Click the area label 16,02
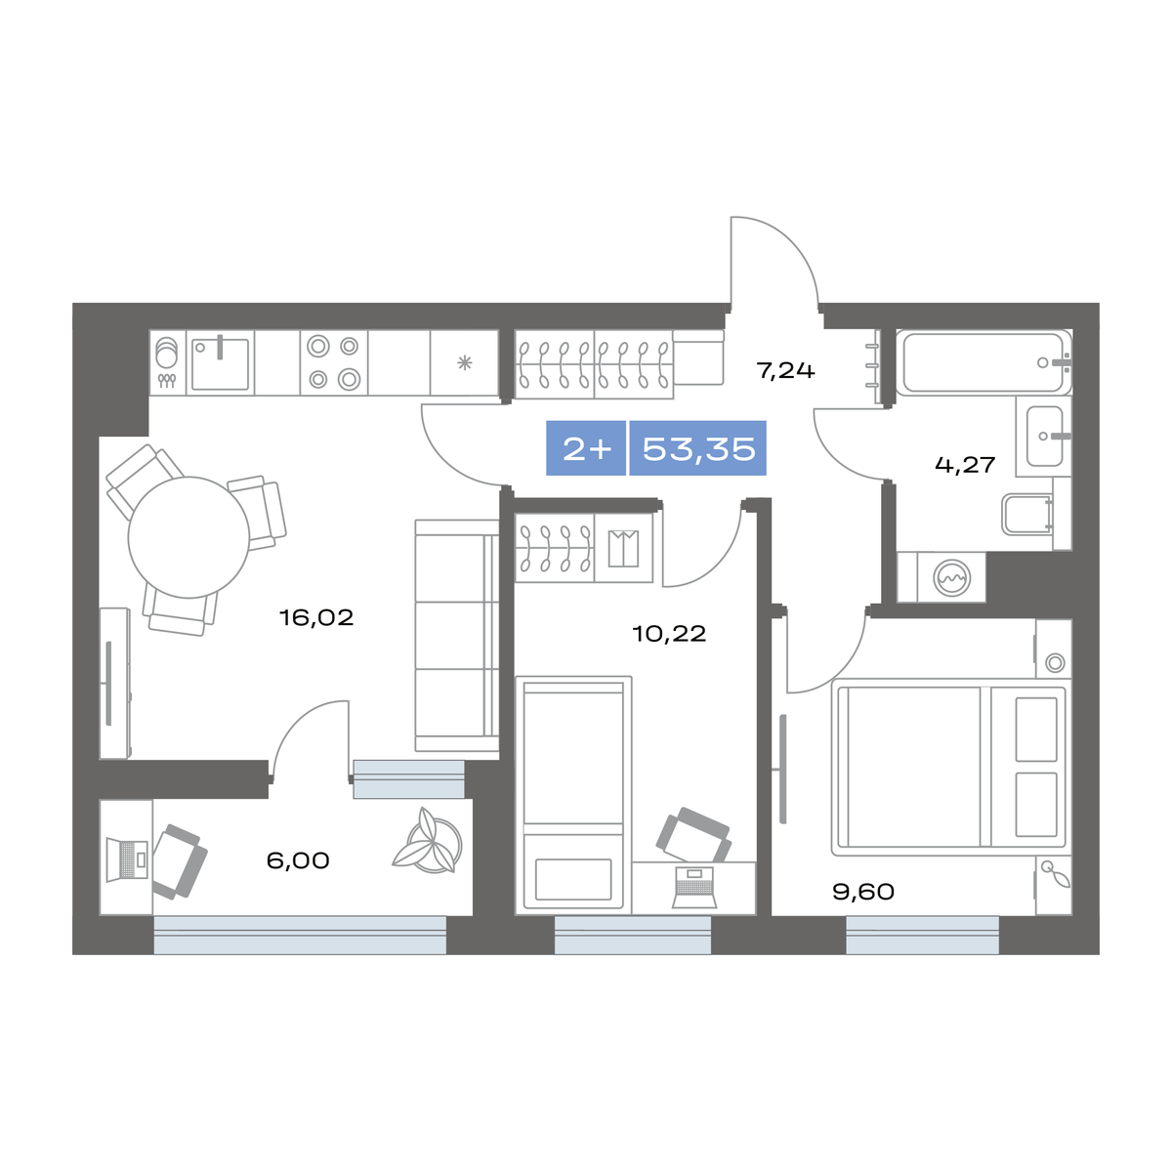click(x=315, y=618)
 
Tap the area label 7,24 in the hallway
click(x=784, y=370)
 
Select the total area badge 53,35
click(x=698, y=448)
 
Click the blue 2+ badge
click(x=586, y=448)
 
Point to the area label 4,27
click(x=965, y=465)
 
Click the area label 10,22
click(x=669, y=634)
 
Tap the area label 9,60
click(x=863, y=892)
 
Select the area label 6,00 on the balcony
click(x=298, y=860)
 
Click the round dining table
click(x=188, y=537)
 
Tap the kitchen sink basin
click(x=220, y=364)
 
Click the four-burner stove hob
click(x=334, y=363)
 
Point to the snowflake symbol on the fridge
click(x=465, y=363)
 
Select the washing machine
click(x=952, y=577)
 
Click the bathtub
click(x=983, y=362)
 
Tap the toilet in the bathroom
click(x=1027, y=515)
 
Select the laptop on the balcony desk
click(x=127, y=859)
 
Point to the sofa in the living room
click(x=457, y=636)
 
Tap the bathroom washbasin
click(x=1044, y=436)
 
